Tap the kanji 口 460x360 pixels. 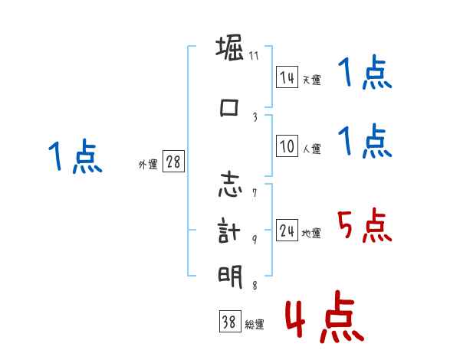click(230, 107)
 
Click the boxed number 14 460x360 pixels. click(287, 77)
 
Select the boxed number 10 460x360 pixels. click(287, 146)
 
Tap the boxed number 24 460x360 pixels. click(287, 231)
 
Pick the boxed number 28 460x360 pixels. click(173, 163)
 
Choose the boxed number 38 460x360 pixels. click(229, 323)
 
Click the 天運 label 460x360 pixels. click(311, 80)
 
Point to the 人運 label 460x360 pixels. click(311, 149)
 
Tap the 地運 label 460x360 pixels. click(311, 233)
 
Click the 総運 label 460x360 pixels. click(255, 325)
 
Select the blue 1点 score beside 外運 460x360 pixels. click(75, 157)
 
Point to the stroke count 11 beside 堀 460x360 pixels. click(255, 56)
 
